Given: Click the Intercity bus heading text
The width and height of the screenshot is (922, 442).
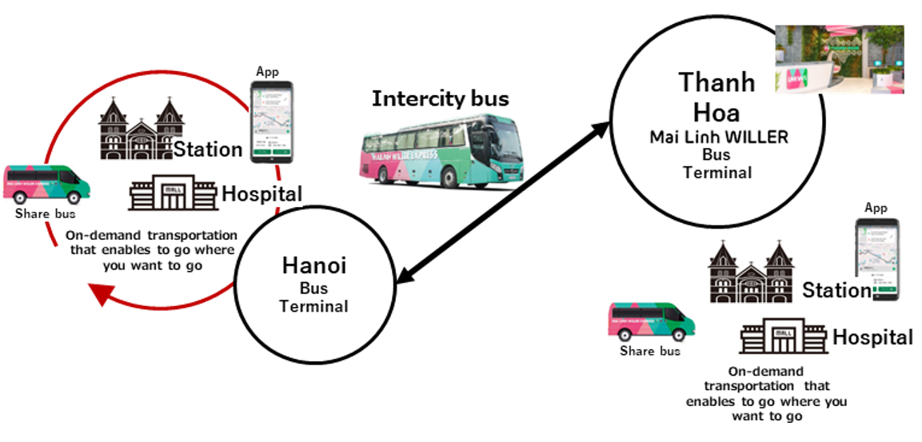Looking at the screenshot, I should pyautogui.click(x=440, y=99).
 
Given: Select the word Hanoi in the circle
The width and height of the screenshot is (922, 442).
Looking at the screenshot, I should pyautogui.click(x=313, y=265).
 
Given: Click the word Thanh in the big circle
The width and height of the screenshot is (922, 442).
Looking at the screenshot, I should pyautogui.click(x=716, y=82).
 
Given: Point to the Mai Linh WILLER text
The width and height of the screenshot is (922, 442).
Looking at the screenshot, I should pyautogui.click(x=718, y=137).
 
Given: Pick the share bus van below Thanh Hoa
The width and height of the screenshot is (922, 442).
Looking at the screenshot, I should pyautogui.click(x=651, y=323).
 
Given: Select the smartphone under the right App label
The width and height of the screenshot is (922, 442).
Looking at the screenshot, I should pyautogui.click(x=876, y=258).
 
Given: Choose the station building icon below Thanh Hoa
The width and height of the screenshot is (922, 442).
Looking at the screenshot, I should pyautogui.click(x=751, y=273).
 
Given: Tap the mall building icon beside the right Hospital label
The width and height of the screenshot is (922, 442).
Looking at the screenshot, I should pyautogui.click(x=783, y=337).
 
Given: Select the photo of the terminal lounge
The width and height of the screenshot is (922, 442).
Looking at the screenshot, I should pyautogui.click(x=840, y=58).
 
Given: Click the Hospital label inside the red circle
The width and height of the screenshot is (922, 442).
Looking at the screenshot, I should pyautogui.click(x=261, y=193).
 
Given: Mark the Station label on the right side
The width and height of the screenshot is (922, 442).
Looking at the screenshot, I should pyautogui.click(x=836, y=290).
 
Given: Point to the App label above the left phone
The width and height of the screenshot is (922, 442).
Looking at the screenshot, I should pyautogui.click(x=268, y=71).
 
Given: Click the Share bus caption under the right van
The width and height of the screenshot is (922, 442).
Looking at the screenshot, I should pyautogui.click(x=650, y=351).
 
